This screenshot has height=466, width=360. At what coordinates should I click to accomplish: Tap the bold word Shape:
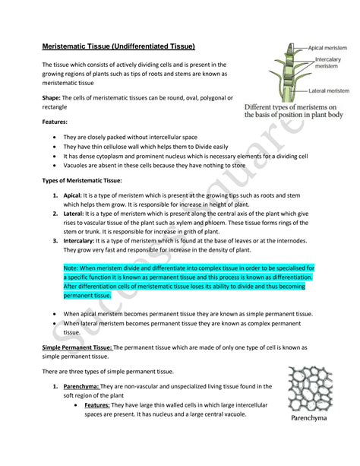pos(54,98)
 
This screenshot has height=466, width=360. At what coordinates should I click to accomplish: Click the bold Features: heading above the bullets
pos(55,121)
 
